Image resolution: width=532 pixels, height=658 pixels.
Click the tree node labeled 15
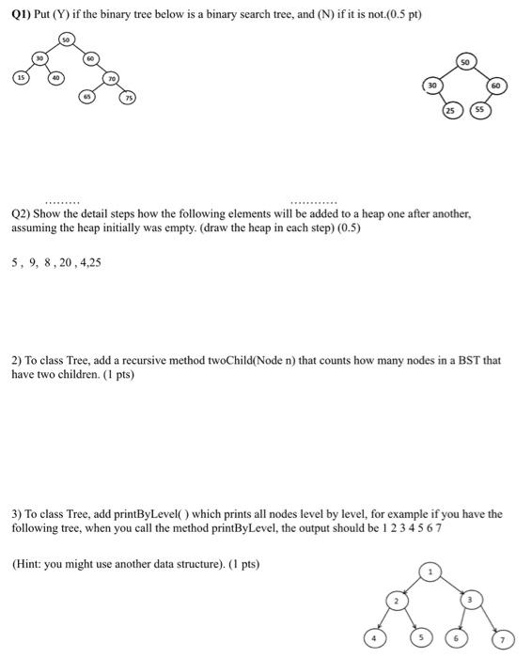(20, 77)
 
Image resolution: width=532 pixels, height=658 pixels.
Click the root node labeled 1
(431, 571)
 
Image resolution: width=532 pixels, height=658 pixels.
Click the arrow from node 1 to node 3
(452, 583)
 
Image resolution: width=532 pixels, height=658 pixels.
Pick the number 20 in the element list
(69, 262)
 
